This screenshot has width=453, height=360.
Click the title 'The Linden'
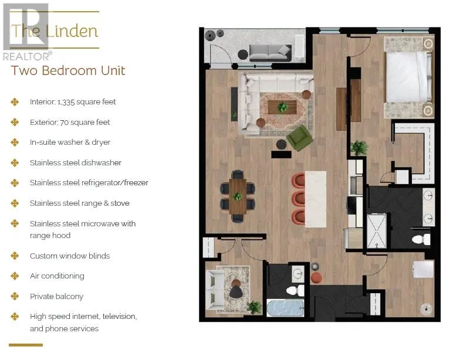[55, 30]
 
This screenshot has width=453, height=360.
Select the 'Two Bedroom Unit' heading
[68, 71]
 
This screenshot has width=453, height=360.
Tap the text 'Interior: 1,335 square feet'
[73, 101]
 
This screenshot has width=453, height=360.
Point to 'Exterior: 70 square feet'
[70, 122]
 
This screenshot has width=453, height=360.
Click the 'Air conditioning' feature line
[57, 276]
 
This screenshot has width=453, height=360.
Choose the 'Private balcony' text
[56, 296]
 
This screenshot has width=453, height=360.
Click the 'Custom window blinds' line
[70, 256]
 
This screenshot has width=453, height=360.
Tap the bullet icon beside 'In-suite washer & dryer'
[15, 142]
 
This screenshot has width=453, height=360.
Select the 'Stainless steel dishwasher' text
[76, 162]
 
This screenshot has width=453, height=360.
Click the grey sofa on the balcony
[270, 52]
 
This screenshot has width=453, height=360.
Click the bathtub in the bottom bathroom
[286, 308]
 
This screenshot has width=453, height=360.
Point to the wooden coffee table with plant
[282, 107]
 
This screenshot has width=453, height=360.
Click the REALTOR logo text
[27, 56]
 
